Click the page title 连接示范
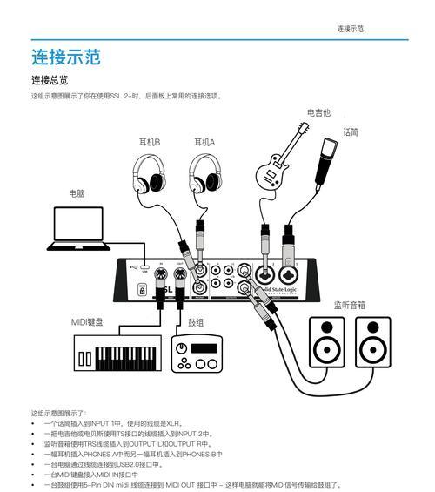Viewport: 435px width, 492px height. [66, 57]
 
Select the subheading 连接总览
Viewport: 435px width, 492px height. [50, 80]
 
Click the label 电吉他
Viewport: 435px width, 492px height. [318, 113]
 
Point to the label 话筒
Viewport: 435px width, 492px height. [351, 132]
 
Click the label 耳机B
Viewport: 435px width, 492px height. [149, 141]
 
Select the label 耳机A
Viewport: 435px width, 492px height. [204, 141]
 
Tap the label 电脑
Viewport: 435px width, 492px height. [77, 193]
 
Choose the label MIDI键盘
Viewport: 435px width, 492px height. [87, 322]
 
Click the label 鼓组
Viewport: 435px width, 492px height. [196, 322]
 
